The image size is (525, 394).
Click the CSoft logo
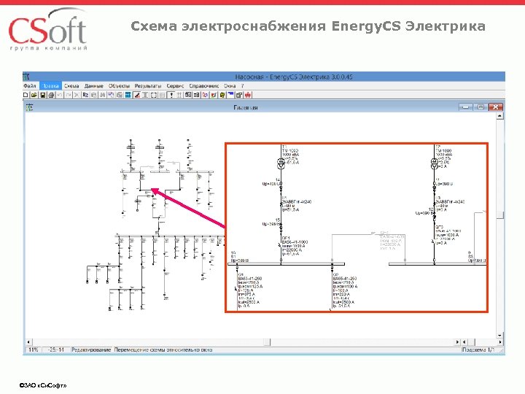click(48, 29)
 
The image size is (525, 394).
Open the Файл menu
click(31, 85)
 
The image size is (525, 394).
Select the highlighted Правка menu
click(51, 85)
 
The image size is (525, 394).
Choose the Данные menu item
click(93, 85)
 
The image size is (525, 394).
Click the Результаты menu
click(147, 85)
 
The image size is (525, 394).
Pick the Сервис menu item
click(175, 85)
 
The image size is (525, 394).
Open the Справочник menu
click(204, 85)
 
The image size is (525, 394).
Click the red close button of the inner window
click(497, 107)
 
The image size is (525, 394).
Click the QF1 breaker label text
click(287, 238)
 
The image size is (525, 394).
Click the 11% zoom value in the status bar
click(33, 350)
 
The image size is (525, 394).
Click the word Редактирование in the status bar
click(92, 350)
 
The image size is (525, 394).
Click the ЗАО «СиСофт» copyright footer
click(44, 384)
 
